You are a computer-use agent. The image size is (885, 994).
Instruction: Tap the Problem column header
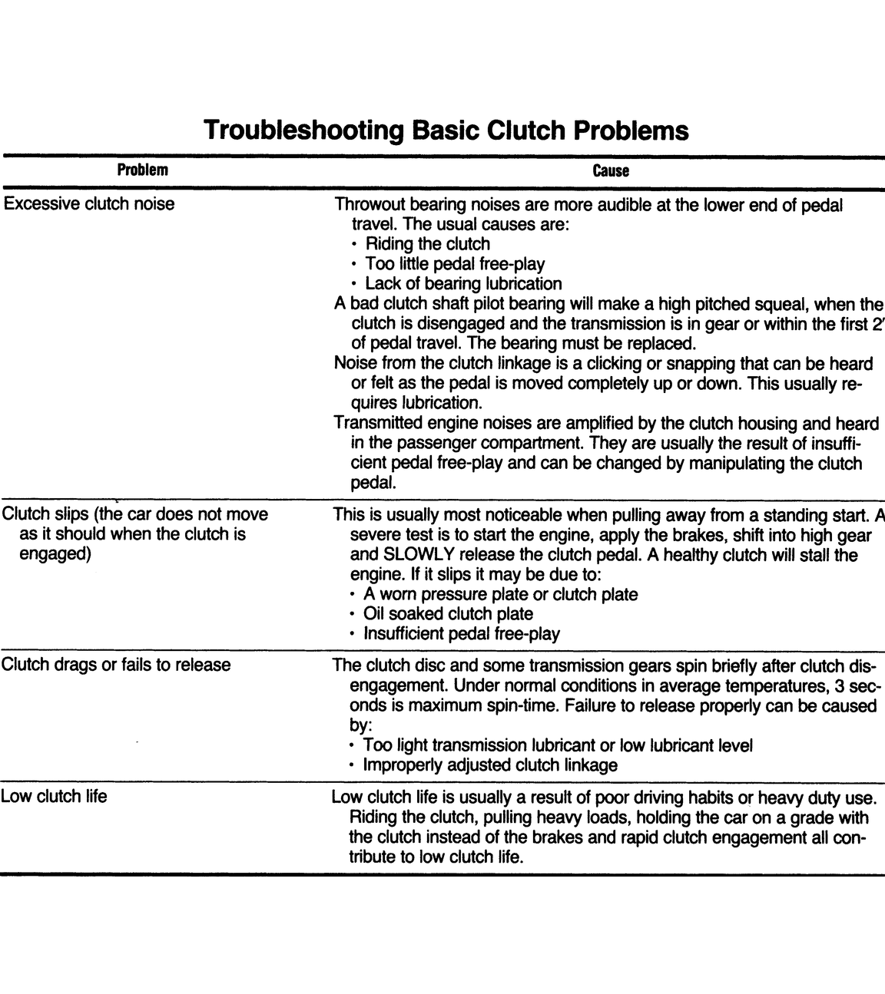click(x=142, y=170)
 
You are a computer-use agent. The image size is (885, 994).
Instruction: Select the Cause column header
click(x=611, y=170)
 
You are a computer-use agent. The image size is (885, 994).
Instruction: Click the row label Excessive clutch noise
click(x=88, y=204)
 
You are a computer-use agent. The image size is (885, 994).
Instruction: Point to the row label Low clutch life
click(x=54, y=796)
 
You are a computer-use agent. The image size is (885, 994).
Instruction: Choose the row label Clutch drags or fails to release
click(x=115, y=664)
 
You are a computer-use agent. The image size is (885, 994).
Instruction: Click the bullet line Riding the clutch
click(x=427, y=244)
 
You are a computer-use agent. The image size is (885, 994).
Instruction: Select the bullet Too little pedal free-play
click(x=455, y=264)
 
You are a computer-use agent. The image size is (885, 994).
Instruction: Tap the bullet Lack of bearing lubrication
click(x=463, y=284)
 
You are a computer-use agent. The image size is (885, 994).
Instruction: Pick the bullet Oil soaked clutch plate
click(x=448, y=613)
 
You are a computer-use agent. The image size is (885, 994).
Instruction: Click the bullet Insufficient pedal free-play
click(x=462, y=633)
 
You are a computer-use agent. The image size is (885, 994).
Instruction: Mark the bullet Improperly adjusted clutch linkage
click(x=489, y=764)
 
